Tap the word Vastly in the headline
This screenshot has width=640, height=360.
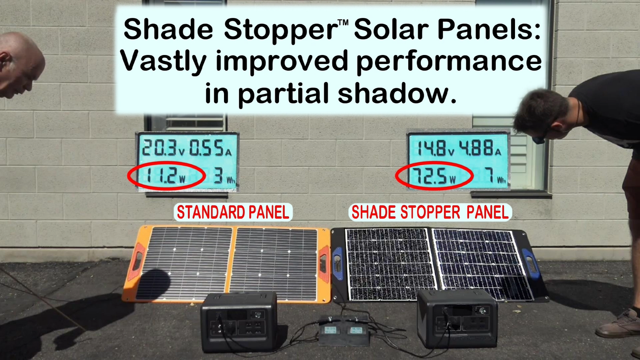click(163, 61)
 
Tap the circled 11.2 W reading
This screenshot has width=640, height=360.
click(166, 175)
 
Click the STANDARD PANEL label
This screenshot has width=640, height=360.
click(233, 212)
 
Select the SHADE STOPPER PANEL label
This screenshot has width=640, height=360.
click(430, 212)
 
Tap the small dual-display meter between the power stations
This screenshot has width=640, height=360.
click(343, 331)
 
